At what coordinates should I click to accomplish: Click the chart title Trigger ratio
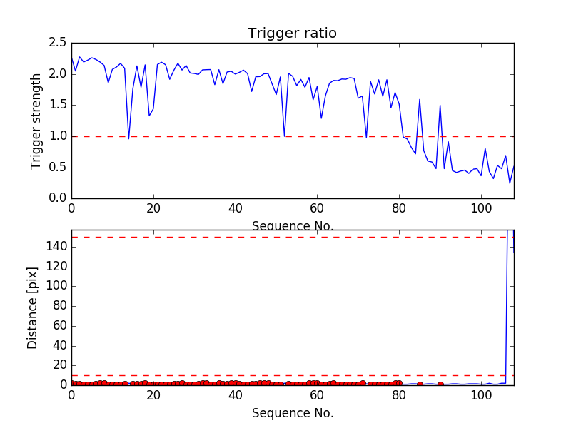coord(292,34)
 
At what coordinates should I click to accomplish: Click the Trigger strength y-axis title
coord(36,121)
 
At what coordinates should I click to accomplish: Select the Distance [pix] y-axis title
coord(33,307)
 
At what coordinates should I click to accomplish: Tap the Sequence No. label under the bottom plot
coord(292,413)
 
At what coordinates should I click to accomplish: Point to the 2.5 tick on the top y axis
coord(57,43)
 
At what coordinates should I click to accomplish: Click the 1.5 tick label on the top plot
coord(57,105)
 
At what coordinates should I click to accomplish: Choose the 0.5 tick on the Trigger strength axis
coord(57,168)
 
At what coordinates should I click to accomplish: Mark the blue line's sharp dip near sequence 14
coord(128,138)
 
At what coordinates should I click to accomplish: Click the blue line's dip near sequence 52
coord(284,136)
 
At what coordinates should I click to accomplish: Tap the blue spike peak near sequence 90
coord(440,105)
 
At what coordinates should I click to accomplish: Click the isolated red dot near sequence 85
coord(420,384)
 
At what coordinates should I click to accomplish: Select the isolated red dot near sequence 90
coord(440,384)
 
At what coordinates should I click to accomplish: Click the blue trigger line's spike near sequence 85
coord(420,99)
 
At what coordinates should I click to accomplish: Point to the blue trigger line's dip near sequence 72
coord(366,137)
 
